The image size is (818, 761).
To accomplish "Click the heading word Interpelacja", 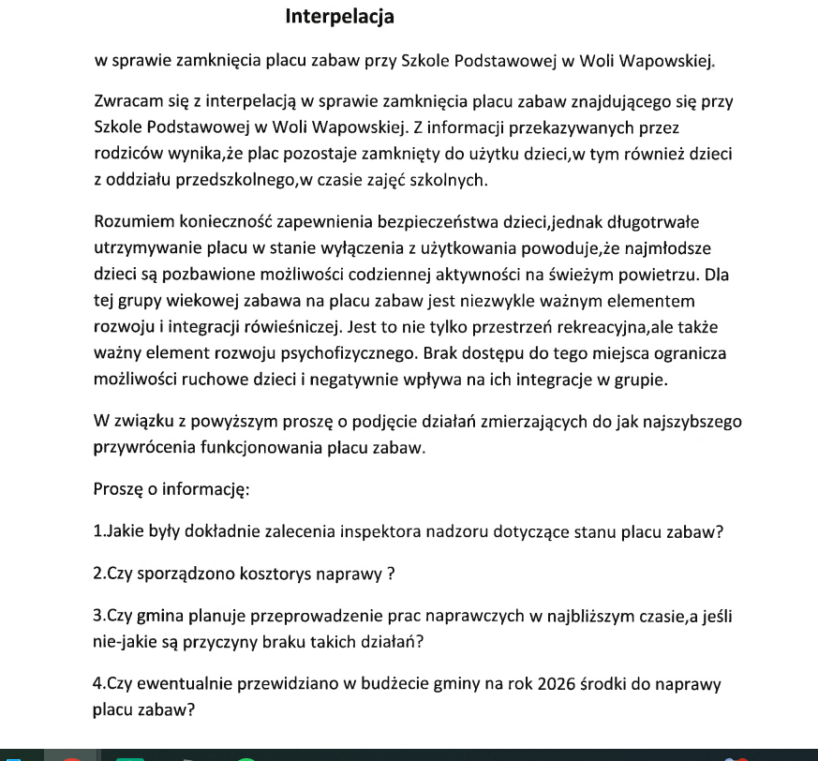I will [x=340, y=17].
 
